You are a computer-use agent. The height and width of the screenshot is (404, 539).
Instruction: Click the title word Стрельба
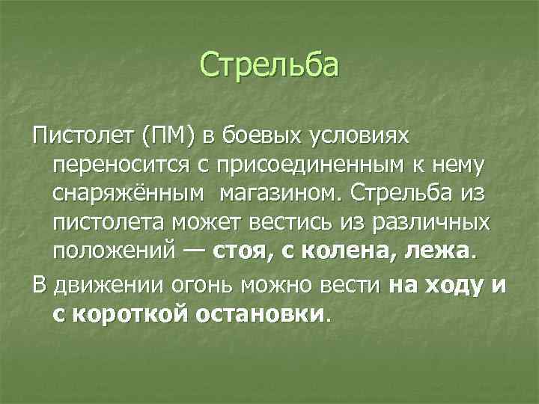click(x=269, y=64)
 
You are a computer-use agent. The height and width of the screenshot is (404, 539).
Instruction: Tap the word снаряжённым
click(x=127, y=194)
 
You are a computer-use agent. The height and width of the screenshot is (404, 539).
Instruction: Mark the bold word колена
click(x=341, y=251)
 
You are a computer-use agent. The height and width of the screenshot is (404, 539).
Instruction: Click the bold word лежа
click(x=436, y=251)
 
